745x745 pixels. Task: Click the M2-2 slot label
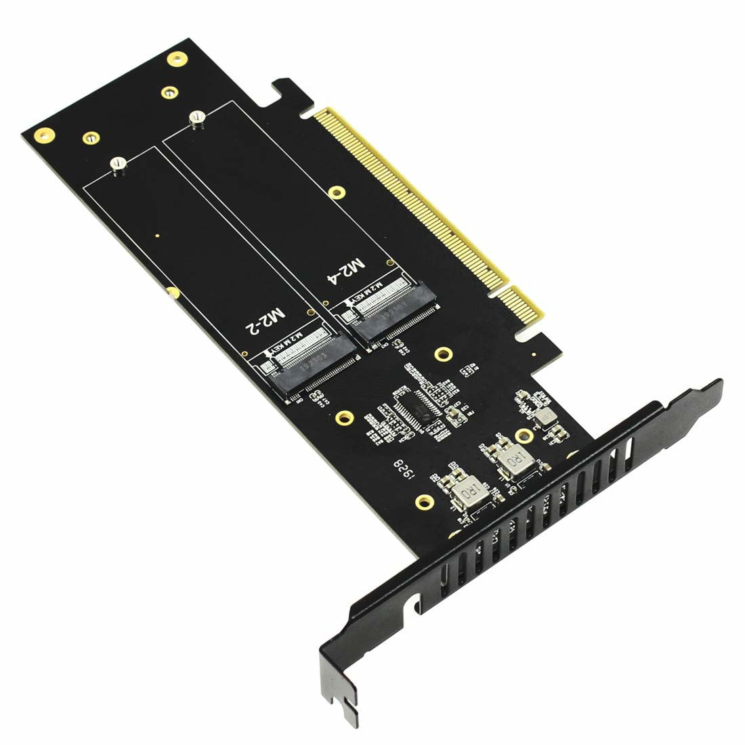coord(265,318)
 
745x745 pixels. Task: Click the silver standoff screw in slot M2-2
coord(119,165)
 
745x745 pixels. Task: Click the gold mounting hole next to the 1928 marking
coord(424,502)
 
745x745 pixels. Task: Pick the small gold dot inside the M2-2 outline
coord(157,236)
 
